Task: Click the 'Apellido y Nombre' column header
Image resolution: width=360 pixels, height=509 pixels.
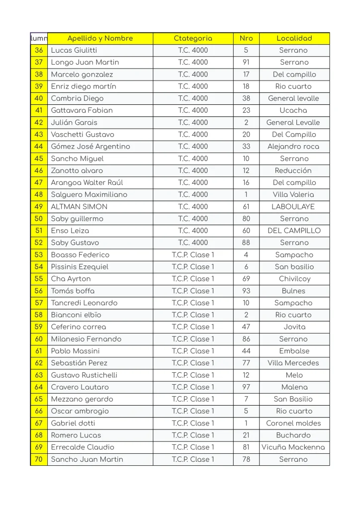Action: (100, 38)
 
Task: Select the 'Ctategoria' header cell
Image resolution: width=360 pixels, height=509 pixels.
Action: (193, 38)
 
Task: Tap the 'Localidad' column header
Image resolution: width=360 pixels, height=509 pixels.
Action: (294, 38)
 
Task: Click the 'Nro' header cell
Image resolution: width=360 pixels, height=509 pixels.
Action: (246, 38)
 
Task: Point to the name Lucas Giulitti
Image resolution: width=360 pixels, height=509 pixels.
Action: (74, 50)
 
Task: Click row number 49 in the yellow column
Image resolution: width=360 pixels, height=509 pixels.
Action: (39, 207)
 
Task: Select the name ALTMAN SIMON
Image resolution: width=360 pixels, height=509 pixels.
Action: (79, 207)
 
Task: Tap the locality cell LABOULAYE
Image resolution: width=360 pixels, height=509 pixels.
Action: (293, 207)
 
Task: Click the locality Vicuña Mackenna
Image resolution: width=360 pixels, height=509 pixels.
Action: (293, 447)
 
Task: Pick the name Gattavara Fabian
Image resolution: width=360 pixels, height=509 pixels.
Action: (82, 110)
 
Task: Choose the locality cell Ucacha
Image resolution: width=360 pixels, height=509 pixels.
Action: (293, 110)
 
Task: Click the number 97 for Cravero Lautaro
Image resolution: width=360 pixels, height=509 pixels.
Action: (246, 387)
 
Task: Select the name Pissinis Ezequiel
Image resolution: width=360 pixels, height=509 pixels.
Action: (80, 267)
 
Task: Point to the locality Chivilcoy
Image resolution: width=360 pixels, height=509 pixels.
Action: (294, 279)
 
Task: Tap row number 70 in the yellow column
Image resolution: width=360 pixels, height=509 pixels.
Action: (39, 459)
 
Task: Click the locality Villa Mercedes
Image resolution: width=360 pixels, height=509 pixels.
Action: (293, 363)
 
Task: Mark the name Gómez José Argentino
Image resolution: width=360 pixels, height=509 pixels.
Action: (90, 147)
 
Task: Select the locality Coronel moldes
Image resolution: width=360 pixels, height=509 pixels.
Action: (293, 424)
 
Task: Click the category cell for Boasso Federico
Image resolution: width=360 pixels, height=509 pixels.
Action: (193, 255)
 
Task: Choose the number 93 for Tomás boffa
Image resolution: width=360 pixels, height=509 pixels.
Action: (246, 291)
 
